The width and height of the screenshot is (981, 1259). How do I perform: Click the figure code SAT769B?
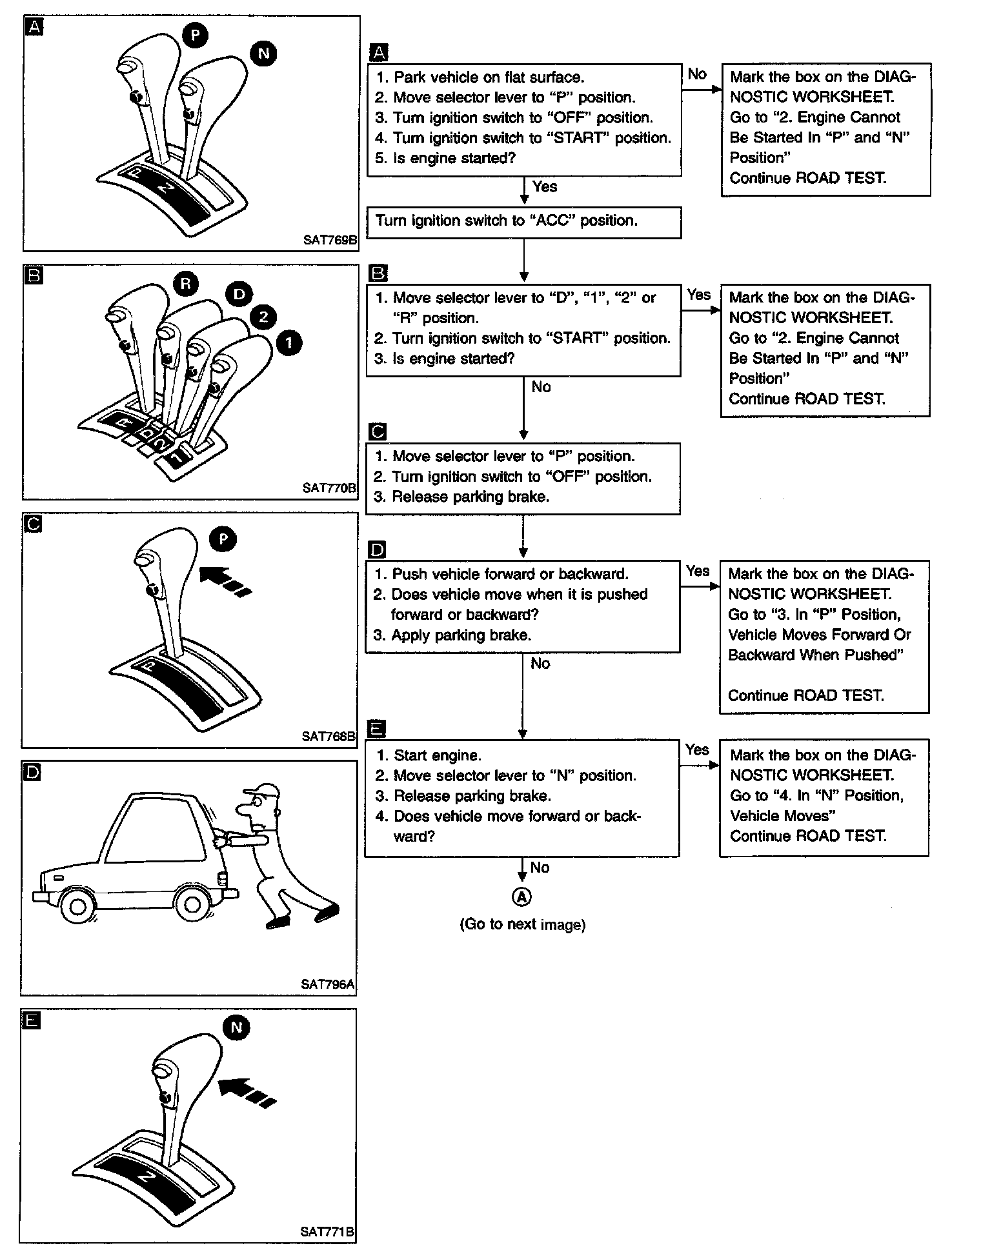pyautogui.click(x=330, y=240)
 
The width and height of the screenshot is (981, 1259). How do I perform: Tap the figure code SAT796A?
pyautogui.click(x=328, y=984)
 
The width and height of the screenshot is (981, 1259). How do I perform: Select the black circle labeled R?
pyautogui.click(x=186, y=284)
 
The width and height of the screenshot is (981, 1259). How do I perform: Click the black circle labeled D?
pyautogui.click(x=239, y=295)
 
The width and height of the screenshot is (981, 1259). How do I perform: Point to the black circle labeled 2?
pyautogui.click(x=263, y=317)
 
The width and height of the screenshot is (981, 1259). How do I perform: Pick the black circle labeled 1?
pyautogui.click(x=288, y=342)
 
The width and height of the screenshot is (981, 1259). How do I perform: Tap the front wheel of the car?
pyautogui.click(x=77, y=906)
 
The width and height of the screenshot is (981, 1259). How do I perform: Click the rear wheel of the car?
pyautogui.click(x=192, y=905)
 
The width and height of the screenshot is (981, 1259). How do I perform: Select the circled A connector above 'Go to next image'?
pyautogui.click(x=521, y=896)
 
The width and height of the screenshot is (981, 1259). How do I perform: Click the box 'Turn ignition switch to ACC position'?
pyautogui.click(x=523, y=222)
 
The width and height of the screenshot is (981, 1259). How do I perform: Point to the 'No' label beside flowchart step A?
pyautogui.click(x=697, y=74)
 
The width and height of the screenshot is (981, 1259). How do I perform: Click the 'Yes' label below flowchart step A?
pyautogui.click(x=545, y=187)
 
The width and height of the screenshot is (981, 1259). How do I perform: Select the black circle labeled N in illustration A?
pyautogui.click(x=263, y=53)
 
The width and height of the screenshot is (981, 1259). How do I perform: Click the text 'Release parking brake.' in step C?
pyautogui.click(x=470, y=497)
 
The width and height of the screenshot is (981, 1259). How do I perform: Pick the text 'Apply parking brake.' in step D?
pyautogui.click(x=461, y=635)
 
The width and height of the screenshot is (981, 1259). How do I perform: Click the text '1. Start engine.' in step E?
pyautogui.click(x=429, y=755)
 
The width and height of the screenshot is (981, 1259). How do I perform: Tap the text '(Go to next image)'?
pyautogui.click(x=522, y=924)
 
